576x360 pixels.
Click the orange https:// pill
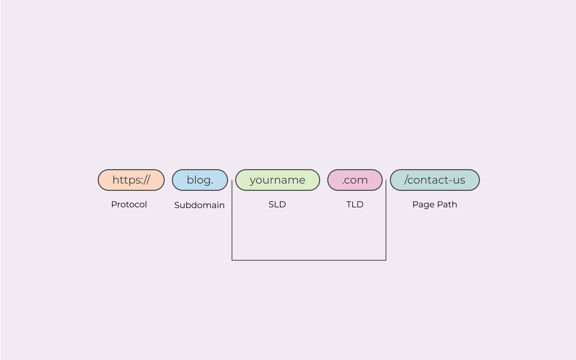point(131,180)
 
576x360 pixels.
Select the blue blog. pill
point(200,180)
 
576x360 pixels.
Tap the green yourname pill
point(277,180)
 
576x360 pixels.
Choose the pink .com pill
point(355,180)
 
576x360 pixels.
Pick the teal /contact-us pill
point(435,180)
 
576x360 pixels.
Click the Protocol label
point(129,204)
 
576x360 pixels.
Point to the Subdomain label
point(199,205)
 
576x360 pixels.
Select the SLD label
point(277,204)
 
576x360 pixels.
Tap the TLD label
point(355,204)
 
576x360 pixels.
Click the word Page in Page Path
point(423,205)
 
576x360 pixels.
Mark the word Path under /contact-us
point(447,204)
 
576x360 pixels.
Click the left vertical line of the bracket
point(232,220)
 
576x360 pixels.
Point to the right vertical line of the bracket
point(386,220)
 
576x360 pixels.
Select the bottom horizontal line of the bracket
point(309,260)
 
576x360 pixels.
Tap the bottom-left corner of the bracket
point(232,260)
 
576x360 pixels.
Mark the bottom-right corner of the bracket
point(386,260)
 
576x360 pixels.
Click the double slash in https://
point(146,180)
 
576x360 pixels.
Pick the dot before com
point(343,183)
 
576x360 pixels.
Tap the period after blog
point(212,183)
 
